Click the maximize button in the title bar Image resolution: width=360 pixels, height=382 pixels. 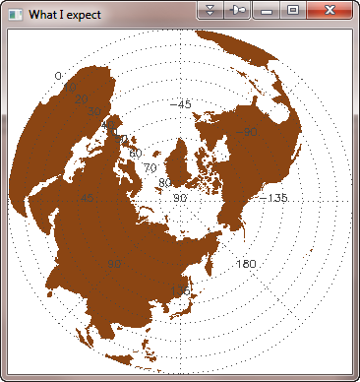click(x=292, y=10)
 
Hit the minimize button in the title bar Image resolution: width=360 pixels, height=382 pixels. click(x=267, y=10)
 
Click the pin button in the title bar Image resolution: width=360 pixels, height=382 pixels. click(x=238, y=10)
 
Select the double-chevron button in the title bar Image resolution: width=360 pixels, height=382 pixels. click(x=211, y=10)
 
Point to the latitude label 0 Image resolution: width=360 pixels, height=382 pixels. click(x=58, y=76)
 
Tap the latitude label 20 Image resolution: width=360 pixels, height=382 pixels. click(x=81, y=98)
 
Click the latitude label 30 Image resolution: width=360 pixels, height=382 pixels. click(x=94, y=112)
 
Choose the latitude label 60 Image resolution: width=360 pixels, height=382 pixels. click(x=135, y=154)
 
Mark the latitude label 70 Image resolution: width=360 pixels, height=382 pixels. click(x=150, y=168)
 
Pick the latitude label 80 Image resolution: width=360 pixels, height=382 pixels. click(x=164, y=183)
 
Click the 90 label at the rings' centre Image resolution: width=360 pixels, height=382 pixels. click(x=179, y=198)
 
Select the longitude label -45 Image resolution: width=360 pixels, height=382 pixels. click(x=181, y=103)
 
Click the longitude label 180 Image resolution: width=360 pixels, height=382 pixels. click(x=246, y=264)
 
